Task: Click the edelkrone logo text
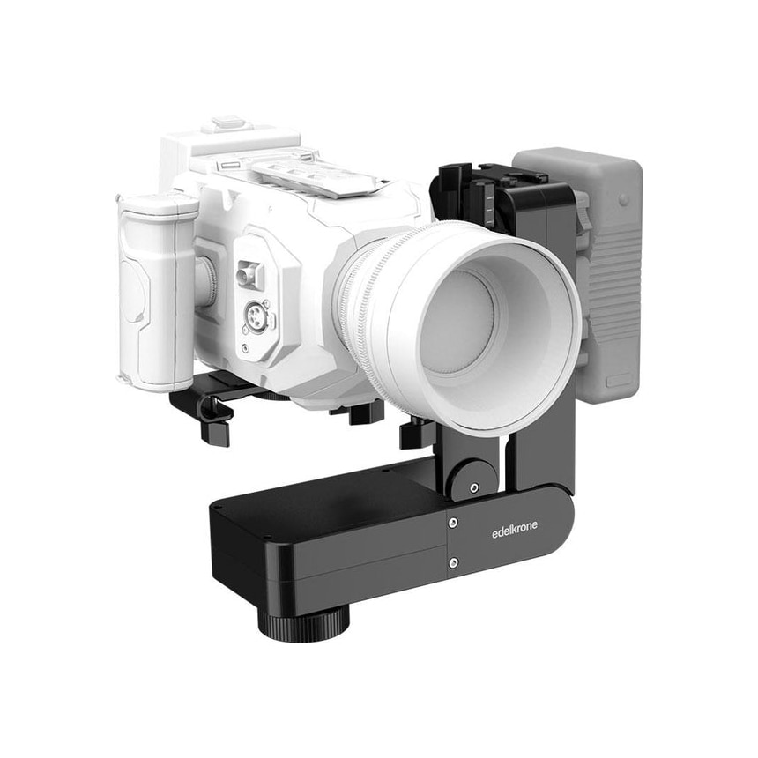coord(513,531)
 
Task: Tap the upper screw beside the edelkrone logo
coord(453,524)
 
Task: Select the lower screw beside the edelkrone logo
coord(453,561)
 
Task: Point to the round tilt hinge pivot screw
coord(475,487)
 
